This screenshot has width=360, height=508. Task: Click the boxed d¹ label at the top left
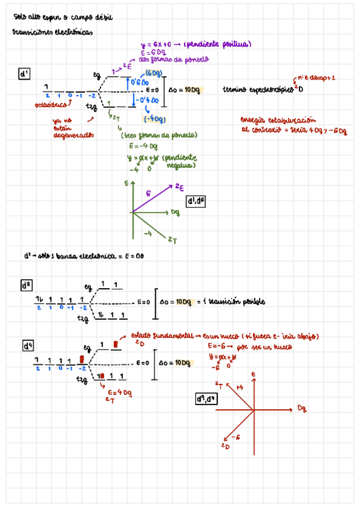point(25,74)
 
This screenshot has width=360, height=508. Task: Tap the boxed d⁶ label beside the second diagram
point(27,286)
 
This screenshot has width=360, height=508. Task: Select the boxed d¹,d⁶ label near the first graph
point(196,201)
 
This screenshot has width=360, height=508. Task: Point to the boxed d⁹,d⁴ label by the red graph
point(207,399)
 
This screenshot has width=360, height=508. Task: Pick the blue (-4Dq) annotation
point(155,119)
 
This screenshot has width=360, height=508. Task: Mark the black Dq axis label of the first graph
point(175,211)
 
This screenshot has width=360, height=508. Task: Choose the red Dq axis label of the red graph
point(302,409)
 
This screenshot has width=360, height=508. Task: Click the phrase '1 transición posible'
point(237,302)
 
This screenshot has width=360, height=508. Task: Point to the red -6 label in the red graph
point(235,438)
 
